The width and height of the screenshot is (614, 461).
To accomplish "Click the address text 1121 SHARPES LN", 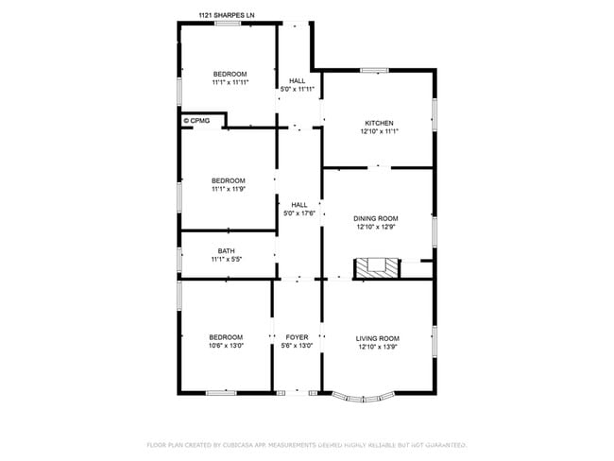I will click(226, 15).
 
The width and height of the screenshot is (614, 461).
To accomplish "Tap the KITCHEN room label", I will click(379, 123).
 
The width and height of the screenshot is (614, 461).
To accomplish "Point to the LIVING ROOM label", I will click(377, 338).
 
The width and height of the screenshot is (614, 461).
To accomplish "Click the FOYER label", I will click(297, 337).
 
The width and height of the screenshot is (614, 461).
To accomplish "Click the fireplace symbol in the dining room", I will click(378, 268).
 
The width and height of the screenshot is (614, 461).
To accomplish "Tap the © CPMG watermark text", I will click(196, 121).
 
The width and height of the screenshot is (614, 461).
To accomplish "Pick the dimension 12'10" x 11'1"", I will click(379, 132).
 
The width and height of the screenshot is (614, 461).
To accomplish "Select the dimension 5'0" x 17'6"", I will click(299, 213).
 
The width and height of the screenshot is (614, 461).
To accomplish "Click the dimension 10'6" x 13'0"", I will click(226, 346).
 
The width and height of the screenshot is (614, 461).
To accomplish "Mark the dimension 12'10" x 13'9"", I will click(377, 347).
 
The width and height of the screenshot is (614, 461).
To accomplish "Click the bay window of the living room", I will click(365, 398).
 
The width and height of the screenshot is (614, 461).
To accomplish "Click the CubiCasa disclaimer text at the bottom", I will click(307, 444).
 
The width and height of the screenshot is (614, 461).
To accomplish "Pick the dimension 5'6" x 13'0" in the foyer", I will click(297, 347).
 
